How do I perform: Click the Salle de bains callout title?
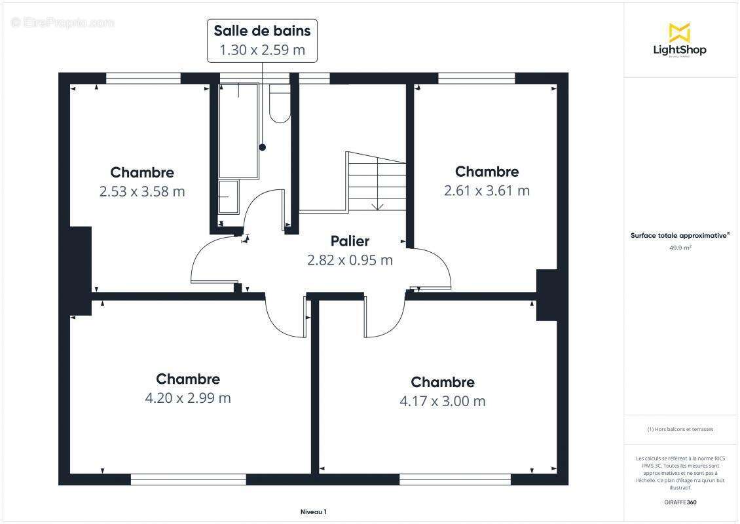coord(262,30)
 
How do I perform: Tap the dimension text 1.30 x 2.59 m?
coord(262,50)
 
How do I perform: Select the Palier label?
coord(350,241)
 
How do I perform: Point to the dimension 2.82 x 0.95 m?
coord(350,260)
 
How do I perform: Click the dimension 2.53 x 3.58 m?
coord(142,191)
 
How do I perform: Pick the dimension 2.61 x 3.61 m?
coord(487,191)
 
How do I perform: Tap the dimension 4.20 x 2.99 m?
coord(188,398)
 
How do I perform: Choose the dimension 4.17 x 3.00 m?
coord(443,401)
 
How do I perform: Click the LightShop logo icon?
coord(679,32)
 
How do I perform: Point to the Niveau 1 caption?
coord(313,512)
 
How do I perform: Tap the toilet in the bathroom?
coord(280,105)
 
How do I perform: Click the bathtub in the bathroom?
coord(239,131)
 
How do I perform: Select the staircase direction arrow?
coord(377,206)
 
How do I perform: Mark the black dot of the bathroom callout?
coord(263,147)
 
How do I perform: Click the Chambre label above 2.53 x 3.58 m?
coord(142,172)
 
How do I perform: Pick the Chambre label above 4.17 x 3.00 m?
coord(443,382)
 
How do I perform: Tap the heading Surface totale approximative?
coord(680,235)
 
